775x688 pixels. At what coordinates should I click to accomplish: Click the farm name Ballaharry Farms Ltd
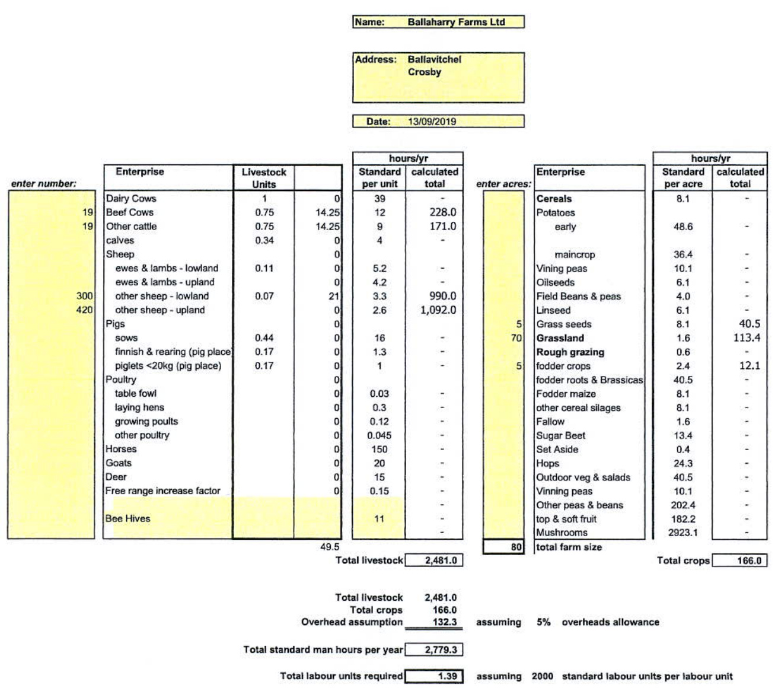pos(456,22)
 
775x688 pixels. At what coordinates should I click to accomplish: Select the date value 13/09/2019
pos(432,122)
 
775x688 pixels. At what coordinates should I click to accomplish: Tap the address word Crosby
pos(424,72)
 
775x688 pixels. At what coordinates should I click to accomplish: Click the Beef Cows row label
pos(130,212)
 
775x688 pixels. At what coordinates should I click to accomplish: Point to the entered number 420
pos(84,310)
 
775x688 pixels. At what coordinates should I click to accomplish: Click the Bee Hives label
pos(128,518)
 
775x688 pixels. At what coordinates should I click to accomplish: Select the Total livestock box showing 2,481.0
pos(434,560)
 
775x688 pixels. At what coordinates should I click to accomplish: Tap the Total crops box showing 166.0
pos(739,560)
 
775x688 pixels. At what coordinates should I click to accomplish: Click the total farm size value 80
pos(516,547)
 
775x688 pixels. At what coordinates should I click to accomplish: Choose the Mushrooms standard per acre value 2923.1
pos(682,533)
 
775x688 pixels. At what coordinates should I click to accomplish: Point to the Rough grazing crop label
pos(570,352)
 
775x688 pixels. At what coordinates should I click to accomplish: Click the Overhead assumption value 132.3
pos(445,622)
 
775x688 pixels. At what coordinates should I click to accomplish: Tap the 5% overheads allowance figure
pos(544,622)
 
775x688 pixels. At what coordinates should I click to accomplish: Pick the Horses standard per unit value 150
pos(379,449)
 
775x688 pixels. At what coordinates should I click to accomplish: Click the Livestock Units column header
pos(264,178)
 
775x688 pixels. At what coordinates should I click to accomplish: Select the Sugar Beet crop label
pos(560,435)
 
